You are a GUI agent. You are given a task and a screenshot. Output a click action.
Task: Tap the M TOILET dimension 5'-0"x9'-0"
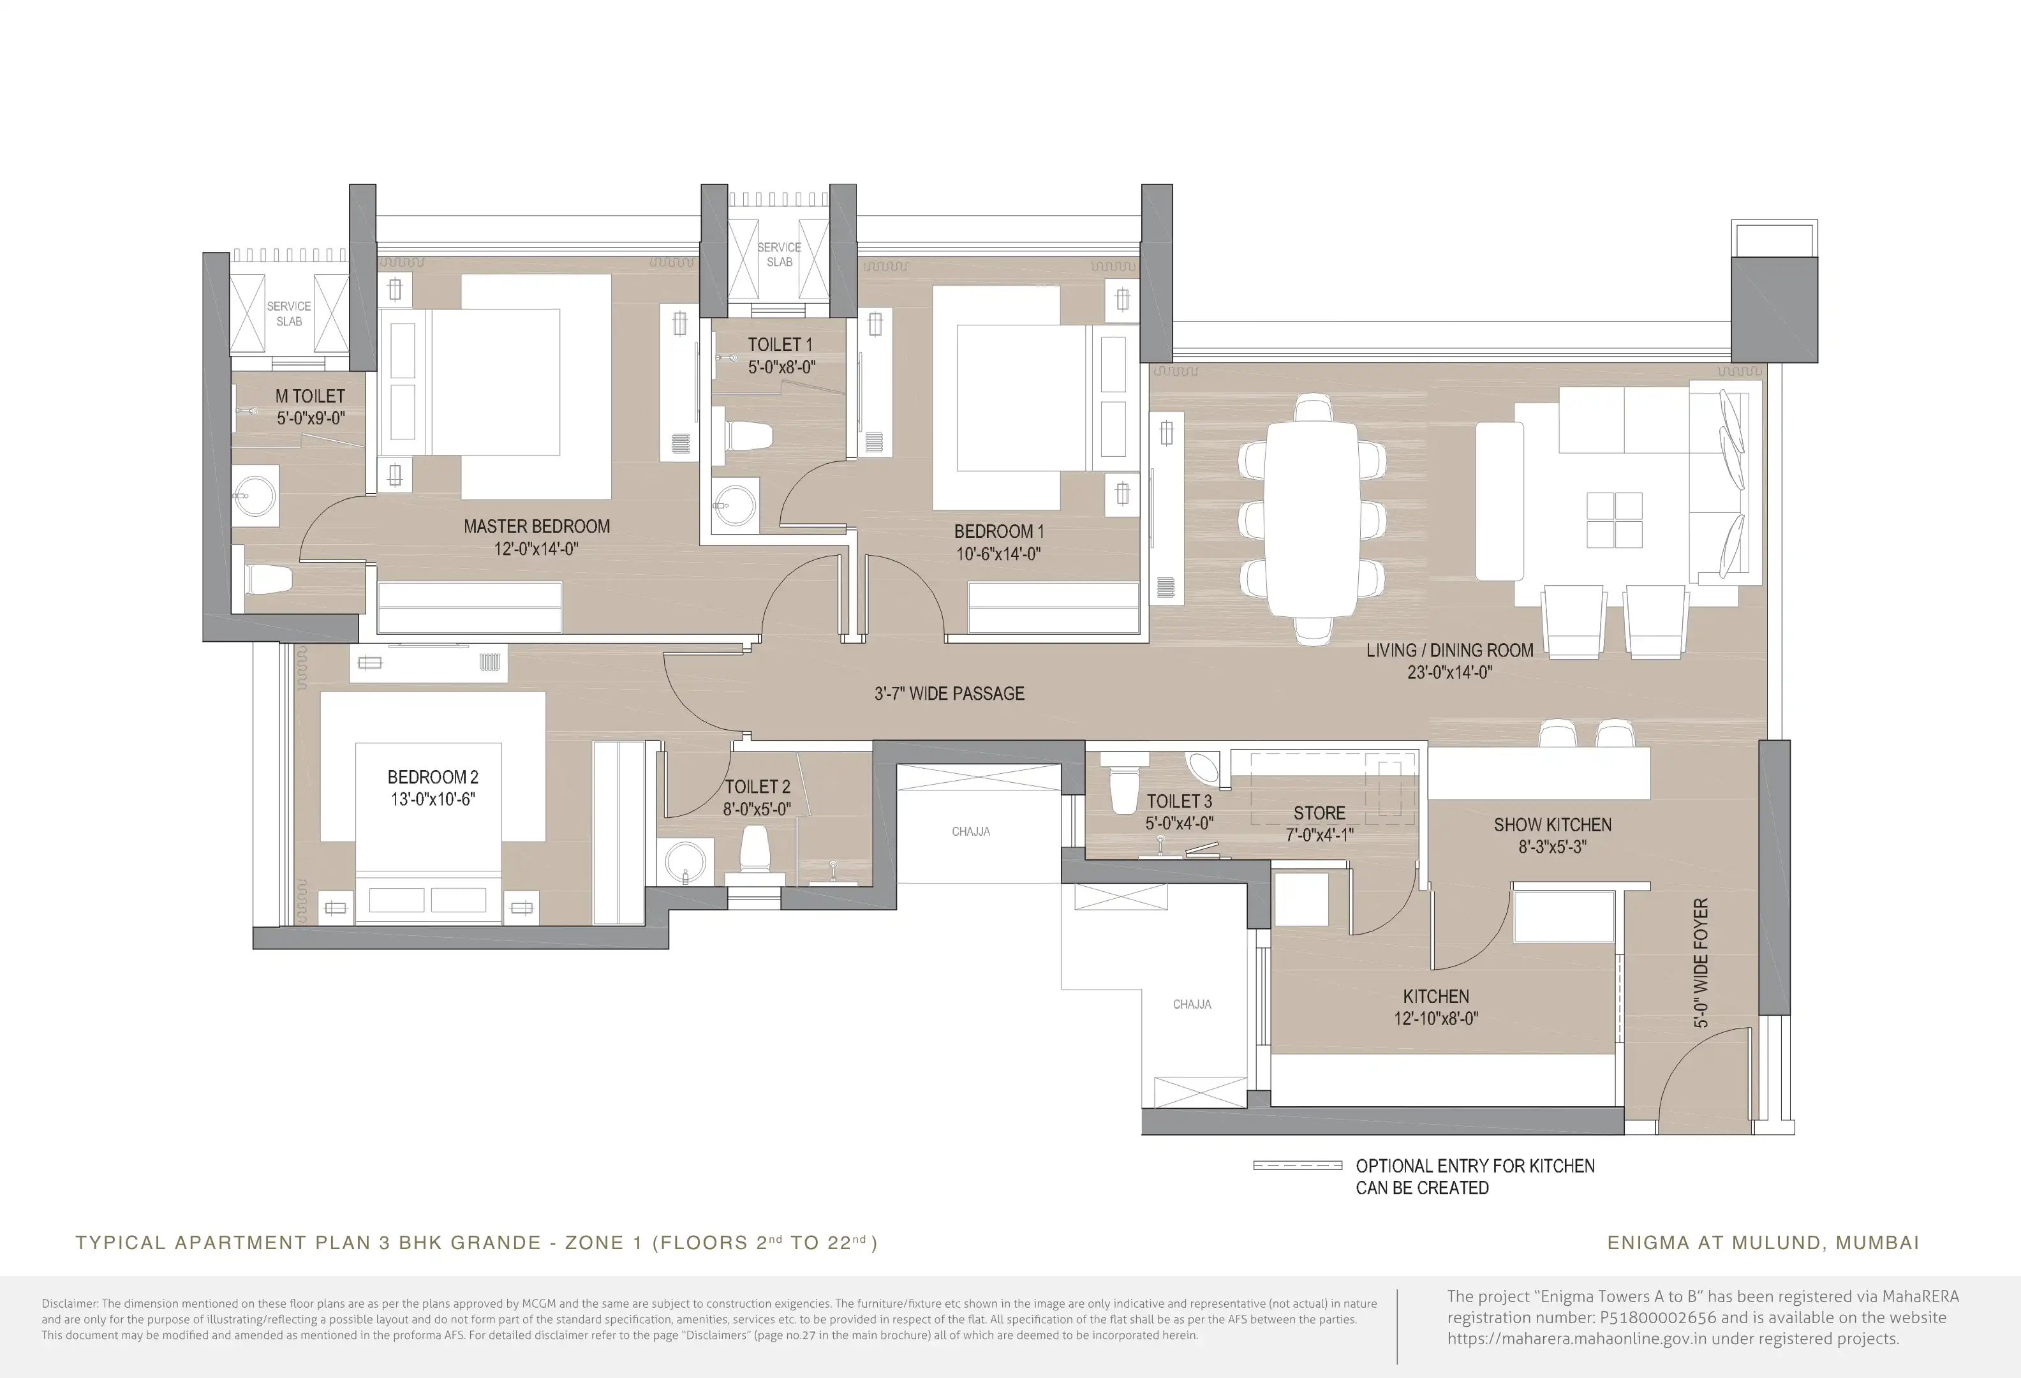click(311, 418)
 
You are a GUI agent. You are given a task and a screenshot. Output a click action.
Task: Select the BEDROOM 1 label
click(998, 531)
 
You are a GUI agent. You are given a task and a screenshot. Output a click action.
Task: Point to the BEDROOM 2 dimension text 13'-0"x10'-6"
click(432, 799)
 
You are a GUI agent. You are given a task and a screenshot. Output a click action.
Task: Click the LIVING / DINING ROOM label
click(1449, 650)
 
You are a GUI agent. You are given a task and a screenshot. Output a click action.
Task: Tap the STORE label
click(1319, 813)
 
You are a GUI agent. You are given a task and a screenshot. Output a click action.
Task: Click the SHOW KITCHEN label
click(1552, 825)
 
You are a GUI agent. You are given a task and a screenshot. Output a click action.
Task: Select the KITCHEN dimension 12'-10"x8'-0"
click(1436, 1018)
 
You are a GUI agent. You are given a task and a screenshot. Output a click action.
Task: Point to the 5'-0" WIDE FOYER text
click(1701, 963)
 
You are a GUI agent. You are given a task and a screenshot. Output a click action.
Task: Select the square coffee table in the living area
click(1615, 520)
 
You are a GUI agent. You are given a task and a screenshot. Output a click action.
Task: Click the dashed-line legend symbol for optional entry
click(1298, 1166)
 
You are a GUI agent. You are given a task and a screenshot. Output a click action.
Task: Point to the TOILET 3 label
click(1179, 801)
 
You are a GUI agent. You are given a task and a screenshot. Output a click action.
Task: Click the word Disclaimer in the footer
click(70, 1303)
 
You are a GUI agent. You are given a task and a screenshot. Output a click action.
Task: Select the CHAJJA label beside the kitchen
click(1192, 1004)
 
